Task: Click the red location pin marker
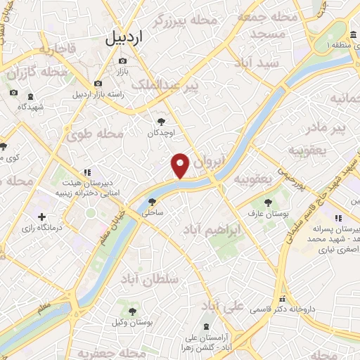181,165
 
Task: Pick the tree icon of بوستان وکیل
132,310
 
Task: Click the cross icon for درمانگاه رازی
42,217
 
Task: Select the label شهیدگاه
31,107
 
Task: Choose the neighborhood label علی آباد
224,307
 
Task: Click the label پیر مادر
330,127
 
